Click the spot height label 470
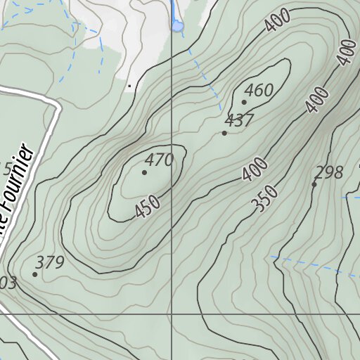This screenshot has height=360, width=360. tap(160, 160)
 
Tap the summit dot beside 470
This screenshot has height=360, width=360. tap(145, 172)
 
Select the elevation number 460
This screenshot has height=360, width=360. tap(259, 91)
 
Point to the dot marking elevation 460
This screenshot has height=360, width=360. tap(244, 102)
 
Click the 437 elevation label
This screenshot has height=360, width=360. tap(239, 121)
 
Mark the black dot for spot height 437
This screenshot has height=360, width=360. tap(224, 133)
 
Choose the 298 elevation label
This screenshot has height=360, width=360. tap(329, 172)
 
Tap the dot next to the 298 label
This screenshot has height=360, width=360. tap(314, 184)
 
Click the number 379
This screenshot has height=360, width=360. tap(50, 263)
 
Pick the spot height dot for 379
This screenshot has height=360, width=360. tap(34, 274)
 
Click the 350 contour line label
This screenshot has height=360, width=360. tap(264, 200)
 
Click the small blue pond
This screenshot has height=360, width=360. tap(177, 26)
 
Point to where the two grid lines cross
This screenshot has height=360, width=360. tap(172, 314)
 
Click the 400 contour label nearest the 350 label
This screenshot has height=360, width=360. tap(255, 170)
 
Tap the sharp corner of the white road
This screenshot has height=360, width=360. tap(55, 105)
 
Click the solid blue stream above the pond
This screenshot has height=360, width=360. tap(172, 10)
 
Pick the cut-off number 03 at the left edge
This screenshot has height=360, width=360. tap(8, 283)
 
